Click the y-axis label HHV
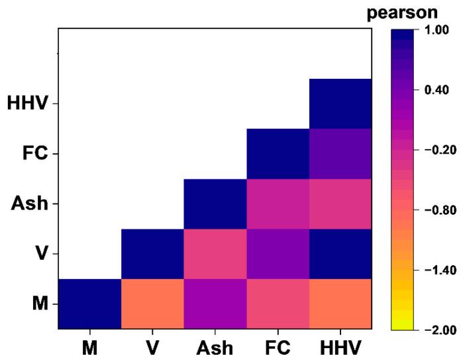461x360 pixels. click(28, 104)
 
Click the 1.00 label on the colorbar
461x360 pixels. click(433, 30)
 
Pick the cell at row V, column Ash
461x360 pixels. click(215, 254)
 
